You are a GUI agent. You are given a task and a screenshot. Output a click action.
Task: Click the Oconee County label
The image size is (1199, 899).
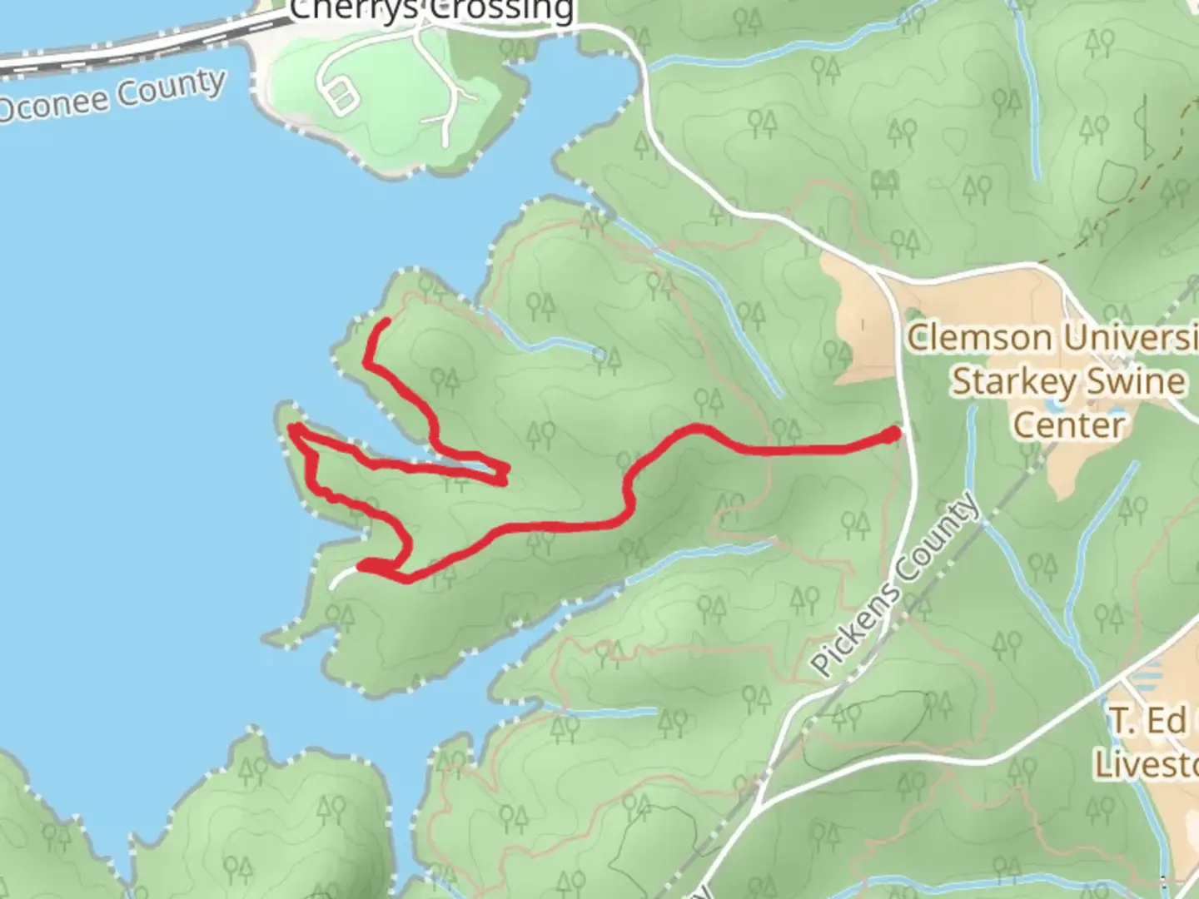click(112, 97)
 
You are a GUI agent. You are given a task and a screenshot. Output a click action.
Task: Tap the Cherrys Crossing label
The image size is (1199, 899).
click(431, 10)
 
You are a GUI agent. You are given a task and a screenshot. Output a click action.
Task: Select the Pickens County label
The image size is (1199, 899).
click(895, 584)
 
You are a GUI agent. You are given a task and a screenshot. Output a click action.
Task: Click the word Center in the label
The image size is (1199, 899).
click(1068, 425)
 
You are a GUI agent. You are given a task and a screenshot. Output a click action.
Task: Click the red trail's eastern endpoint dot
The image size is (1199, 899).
click(891, 435)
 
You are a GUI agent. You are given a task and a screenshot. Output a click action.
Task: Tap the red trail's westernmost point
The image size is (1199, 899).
click(293, 429)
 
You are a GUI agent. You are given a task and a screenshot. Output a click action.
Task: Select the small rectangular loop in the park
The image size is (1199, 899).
click(340, 96)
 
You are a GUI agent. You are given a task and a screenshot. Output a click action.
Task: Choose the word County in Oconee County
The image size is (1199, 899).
click(172, 89)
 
